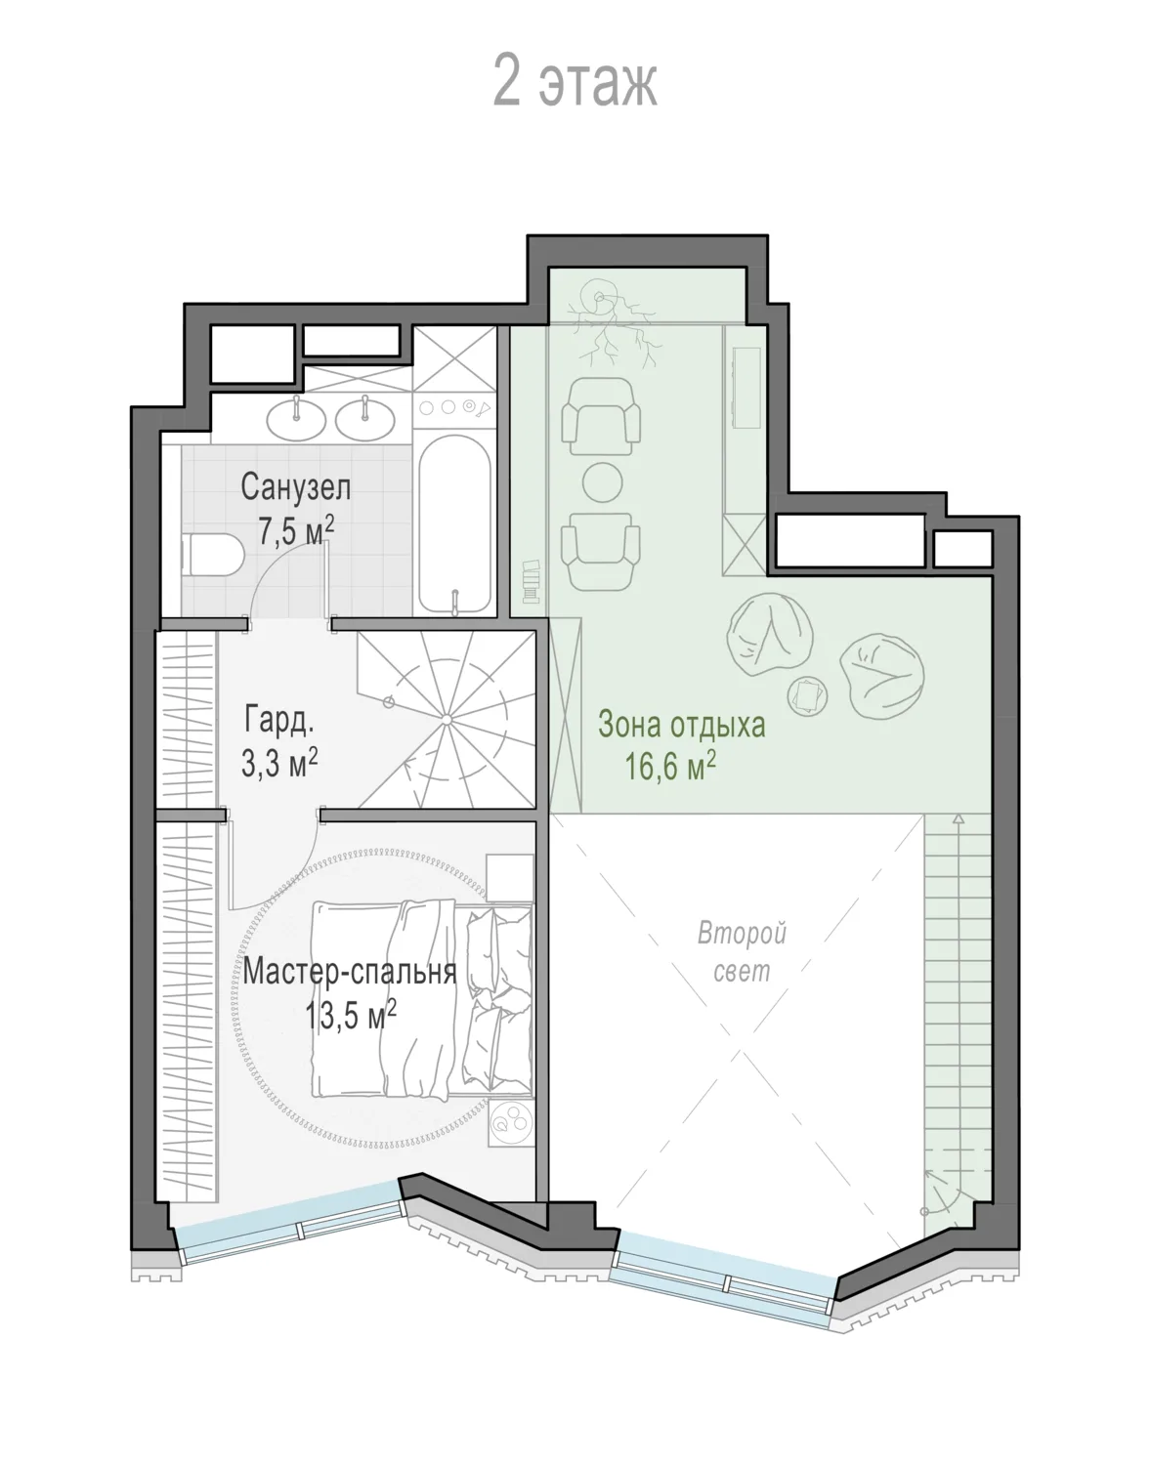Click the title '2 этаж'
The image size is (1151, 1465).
coord(575,82)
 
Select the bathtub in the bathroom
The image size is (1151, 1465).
coord(454,523)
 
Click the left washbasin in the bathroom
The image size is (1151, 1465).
coord(296,419)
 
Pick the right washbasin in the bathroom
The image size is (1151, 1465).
coord(365,419)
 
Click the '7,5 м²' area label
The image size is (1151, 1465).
coord(296,530)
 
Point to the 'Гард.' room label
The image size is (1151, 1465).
coord(279,720)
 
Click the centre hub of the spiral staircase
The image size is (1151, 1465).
coord(447,720)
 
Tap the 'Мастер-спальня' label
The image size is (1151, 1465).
coord(349,973)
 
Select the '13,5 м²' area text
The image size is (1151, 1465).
coord(350,1016)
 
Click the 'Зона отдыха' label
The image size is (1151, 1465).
coord(682,725)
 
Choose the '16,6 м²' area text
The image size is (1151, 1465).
coord(670,767)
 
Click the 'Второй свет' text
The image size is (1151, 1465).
coord(742,952)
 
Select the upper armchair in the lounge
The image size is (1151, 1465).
coord(601,416)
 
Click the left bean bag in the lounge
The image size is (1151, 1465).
coord(771,635)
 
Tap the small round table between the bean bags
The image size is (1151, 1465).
coord(808,695)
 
